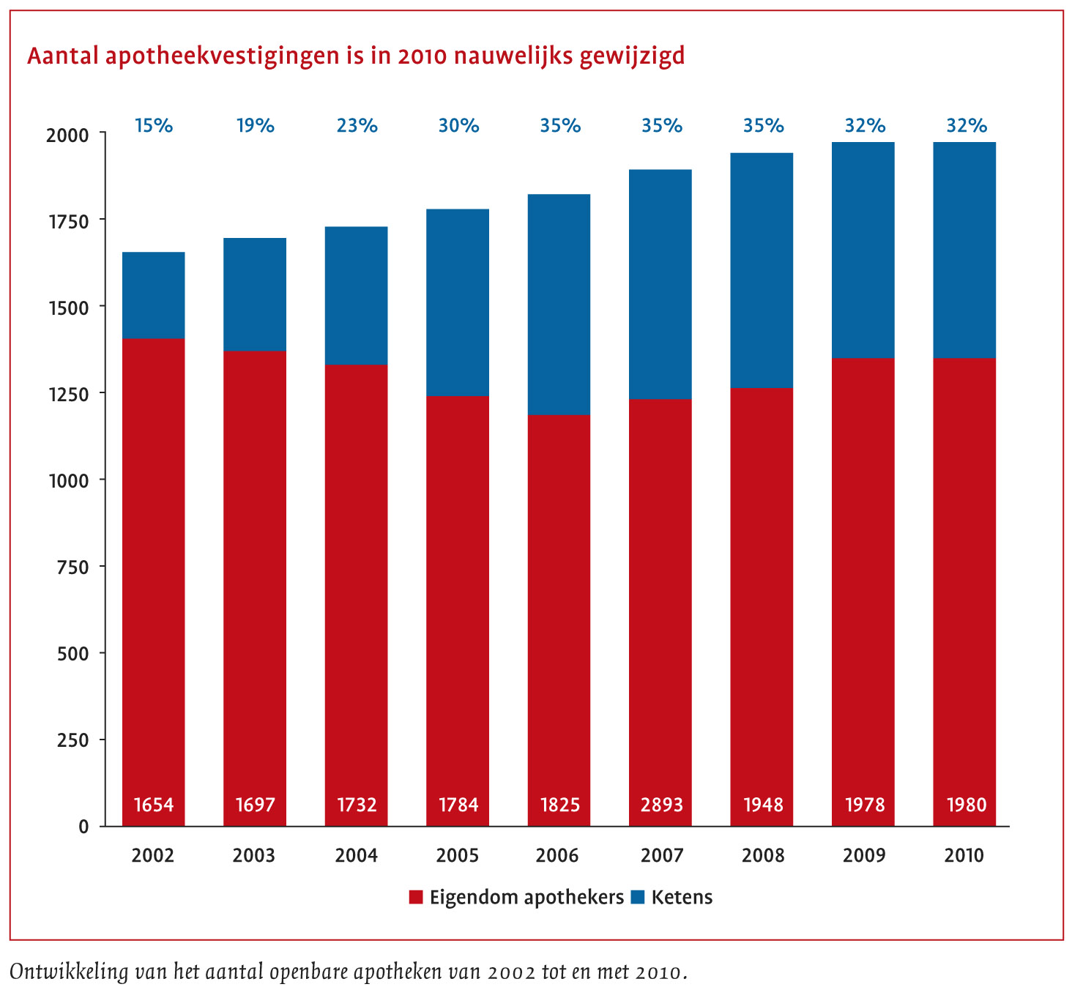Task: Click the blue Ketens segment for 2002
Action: (153, 295)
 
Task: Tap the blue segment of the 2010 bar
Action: (964, 250)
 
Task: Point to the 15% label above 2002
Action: (154, 126)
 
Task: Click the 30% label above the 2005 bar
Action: (458, 126)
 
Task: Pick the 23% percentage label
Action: (357, 126)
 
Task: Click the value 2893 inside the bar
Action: (662, 805)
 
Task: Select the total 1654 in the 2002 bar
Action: (154, 805)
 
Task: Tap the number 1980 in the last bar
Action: (966, 805)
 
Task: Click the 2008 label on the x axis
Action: (763, 855)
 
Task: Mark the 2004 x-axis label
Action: (356, 855)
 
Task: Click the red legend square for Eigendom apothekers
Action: (416, 898)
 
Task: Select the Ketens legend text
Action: (682, 898)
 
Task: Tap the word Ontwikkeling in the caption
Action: (67, 972)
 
